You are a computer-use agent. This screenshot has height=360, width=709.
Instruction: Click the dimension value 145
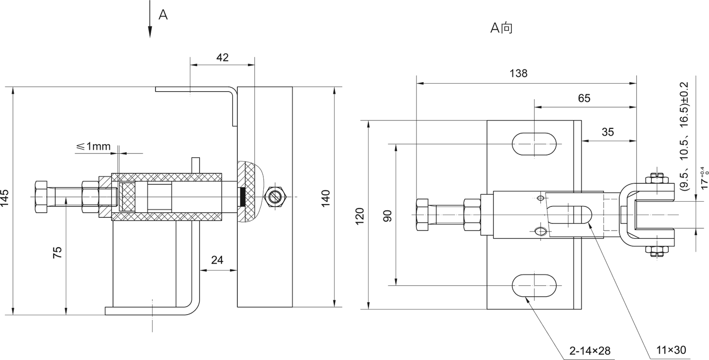5,198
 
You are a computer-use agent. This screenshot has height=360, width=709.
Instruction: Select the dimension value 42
222,58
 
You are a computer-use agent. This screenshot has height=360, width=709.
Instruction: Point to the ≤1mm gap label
93,146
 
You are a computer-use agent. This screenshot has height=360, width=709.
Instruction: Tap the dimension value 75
58,252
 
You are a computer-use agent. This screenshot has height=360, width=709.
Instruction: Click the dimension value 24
217,260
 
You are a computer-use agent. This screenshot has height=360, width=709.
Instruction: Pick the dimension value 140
325,198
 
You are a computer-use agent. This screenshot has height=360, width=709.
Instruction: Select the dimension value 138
519,73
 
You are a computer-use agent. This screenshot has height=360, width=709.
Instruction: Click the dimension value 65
584,98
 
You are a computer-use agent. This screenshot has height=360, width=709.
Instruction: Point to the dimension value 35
608,132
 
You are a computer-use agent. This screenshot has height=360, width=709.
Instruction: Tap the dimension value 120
360,216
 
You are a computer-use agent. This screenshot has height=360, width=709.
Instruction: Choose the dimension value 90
388,216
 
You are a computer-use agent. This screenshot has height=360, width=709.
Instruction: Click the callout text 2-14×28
590,351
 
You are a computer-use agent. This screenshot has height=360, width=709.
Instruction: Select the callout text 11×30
671,350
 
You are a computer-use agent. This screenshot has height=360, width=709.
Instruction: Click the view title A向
501,28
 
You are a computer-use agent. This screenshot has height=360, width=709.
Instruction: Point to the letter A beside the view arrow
163,15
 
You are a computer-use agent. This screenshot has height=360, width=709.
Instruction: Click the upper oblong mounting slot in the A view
534,144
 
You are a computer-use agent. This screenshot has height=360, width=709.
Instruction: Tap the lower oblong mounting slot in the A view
534,286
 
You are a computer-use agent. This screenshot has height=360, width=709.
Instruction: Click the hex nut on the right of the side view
276,197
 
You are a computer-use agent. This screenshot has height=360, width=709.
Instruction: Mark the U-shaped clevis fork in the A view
648,215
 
